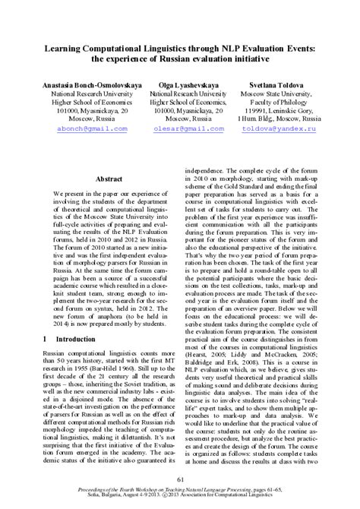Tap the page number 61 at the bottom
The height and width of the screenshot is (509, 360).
pyautogui.click(x=180, y=479)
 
